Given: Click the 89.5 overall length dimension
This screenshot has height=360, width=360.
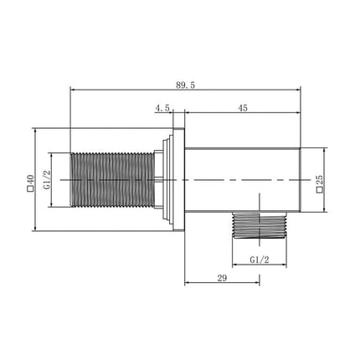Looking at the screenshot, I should (x=186, y=85).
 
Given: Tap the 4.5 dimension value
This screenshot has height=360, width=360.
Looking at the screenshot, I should (x=162, y=107).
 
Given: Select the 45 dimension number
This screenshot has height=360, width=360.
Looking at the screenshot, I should (x=243, y=107).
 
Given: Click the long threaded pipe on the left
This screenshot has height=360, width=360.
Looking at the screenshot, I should (x=113, y=180).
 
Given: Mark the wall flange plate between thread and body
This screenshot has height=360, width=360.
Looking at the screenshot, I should (x=176, y=180).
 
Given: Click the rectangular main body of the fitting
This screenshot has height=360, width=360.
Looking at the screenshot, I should (x=243, y=180).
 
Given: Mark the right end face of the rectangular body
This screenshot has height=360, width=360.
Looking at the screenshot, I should (x=300, y=180).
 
